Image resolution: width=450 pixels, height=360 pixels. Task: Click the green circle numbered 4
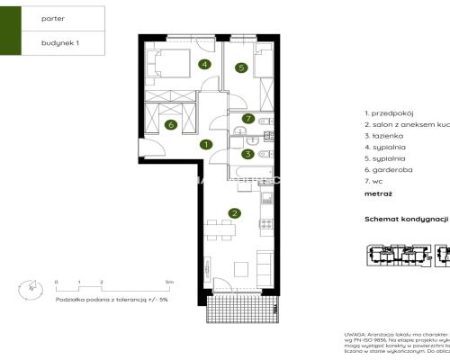205,64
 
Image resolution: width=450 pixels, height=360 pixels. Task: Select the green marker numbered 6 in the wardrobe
171,125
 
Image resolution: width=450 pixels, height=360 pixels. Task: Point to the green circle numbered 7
247,119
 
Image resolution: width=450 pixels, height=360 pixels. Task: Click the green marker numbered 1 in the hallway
206,144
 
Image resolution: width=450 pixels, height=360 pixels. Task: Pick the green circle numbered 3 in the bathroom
247,154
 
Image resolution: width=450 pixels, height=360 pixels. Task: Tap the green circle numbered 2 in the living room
235,213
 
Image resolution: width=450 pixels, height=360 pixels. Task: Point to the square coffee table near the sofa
240,267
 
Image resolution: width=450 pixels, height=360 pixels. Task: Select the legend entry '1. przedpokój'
388,113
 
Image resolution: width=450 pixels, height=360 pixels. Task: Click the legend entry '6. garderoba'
387,167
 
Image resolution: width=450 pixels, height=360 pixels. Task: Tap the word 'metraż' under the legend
378,193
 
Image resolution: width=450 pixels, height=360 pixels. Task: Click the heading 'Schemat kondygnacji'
406,219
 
